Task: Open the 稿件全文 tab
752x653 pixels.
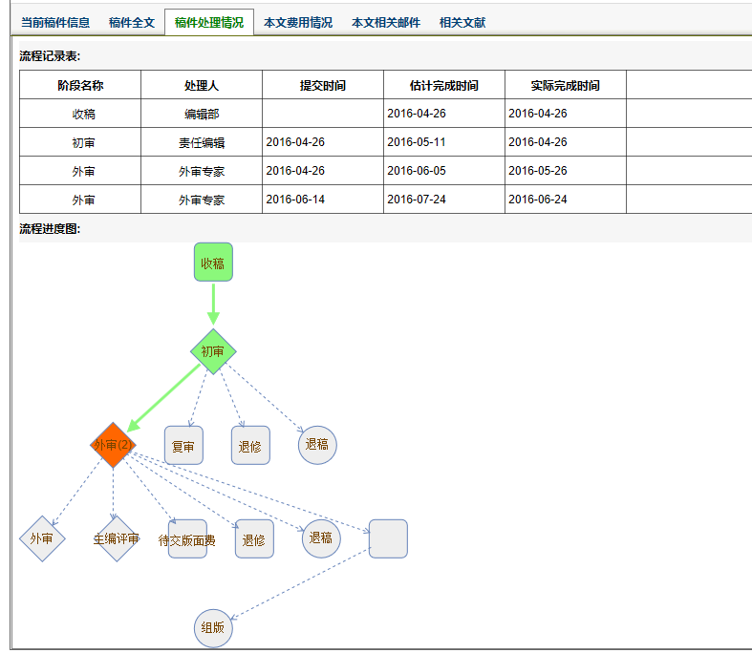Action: coord(132,22)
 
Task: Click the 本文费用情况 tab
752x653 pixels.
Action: coord(298,22)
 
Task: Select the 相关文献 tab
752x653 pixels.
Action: coord(462,22)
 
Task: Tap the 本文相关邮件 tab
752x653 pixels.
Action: coord(385,22)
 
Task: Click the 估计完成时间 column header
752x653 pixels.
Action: coord(444,85)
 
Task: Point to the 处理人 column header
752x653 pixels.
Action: coord(202,85)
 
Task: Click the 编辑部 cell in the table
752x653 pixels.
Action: coord(202,114)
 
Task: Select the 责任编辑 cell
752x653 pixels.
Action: coord(202,142)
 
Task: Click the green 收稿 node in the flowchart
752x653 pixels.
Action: coord(213,263)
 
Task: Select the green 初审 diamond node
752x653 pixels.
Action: coord(213,351)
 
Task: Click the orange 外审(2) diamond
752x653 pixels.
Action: coord(114,445)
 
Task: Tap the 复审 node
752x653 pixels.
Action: coord(183,446)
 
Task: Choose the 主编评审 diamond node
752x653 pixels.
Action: coord(116,539)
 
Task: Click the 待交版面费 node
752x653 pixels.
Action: coord(187,539)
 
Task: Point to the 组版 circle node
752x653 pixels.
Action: coord(213,628)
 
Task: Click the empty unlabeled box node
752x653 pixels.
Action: coord(388,538)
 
